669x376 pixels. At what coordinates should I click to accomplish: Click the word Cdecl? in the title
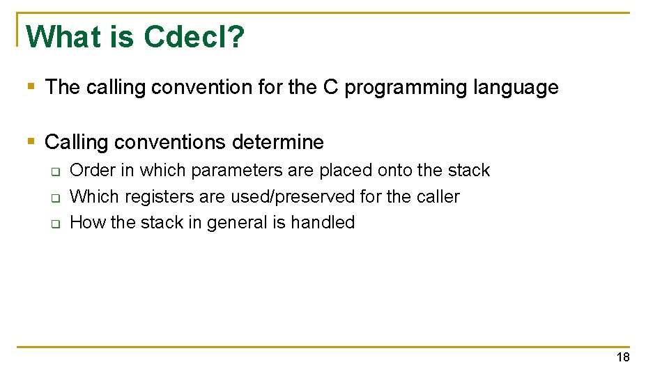[x=194, y=37]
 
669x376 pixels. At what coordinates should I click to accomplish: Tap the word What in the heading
[x=63, y=37]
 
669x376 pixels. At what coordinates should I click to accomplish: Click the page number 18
[x=622, y=358]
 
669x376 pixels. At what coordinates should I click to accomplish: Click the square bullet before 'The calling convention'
[x=30, y=87]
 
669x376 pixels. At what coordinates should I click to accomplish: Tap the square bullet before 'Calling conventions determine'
[x=30, y=142]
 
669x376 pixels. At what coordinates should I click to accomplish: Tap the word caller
[x=438, y=197]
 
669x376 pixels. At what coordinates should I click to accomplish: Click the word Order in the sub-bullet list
[x=93, y=171]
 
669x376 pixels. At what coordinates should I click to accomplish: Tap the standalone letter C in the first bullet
[x=330, y=88]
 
